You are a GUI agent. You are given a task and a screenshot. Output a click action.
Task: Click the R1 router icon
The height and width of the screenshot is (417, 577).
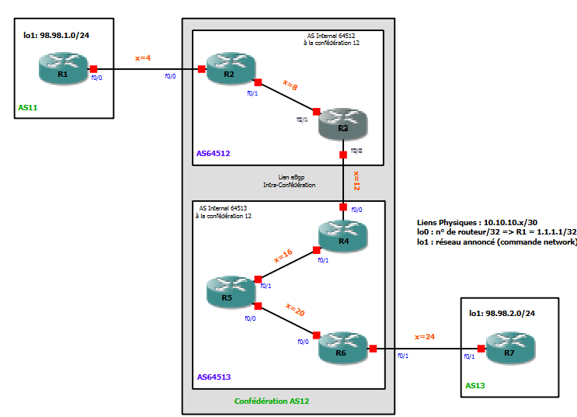64,69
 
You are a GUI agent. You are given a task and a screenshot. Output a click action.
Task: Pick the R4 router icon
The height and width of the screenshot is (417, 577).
342,235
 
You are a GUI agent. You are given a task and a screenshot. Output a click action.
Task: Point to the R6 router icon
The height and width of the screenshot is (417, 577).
342,347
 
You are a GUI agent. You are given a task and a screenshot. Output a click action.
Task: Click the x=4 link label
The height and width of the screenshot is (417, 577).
144,57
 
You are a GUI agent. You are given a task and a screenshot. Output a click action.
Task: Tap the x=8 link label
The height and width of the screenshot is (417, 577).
290,85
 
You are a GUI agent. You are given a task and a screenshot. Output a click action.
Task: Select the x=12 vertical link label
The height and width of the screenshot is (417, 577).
356,181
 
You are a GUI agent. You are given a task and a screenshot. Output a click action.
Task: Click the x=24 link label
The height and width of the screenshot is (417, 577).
425,337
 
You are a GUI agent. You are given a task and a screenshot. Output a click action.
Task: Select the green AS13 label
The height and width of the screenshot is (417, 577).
474,384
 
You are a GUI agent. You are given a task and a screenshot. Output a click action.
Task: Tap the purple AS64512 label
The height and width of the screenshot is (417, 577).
213,153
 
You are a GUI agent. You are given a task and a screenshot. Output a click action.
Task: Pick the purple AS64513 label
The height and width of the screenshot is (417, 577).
213,377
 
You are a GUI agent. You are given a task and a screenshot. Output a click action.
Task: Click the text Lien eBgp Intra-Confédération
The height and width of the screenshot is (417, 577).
289,181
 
